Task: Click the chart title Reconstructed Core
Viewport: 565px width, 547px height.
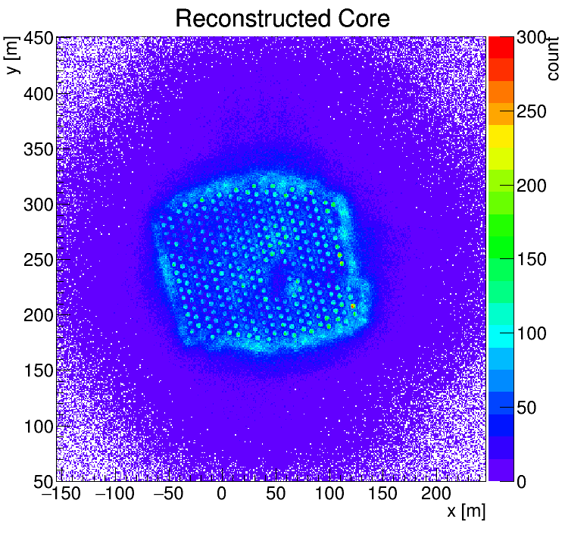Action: [282, 18]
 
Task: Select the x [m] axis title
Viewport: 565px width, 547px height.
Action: [465, 512]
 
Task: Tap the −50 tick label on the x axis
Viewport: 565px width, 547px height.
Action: [167, 495]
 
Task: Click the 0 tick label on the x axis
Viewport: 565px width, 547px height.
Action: [221, 495]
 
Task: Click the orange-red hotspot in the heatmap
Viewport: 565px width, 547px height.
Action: [353, 306]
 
